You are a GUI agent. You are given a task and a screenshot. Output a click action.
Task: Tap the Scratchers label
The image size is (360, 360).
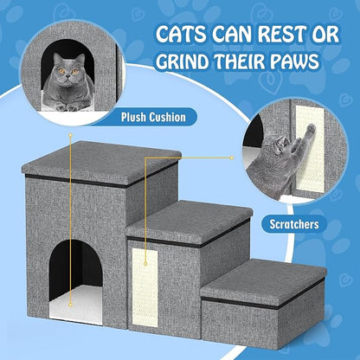292,224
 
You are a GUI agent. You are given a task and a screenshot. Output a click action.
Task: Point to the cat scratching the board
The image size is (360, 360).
285,156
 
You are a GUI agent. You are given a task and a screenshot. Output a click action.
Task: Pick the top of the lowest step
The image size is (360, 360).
263,275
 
